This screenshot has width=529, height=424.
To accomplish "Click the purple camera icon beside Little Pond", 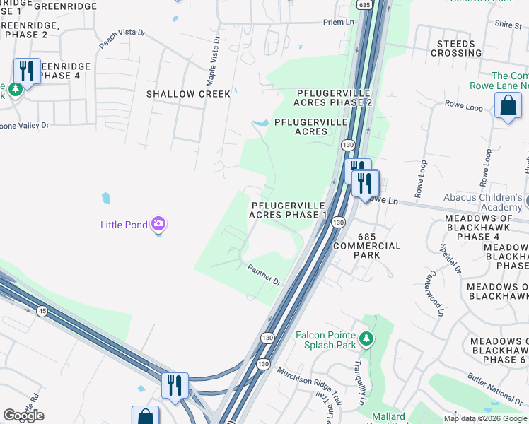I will coord(158,225).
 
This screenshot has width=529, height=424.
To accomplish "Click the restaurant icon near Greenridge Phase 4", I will coord(27,71).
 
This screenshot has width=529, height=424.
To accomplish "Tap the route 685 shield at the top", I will coord(364,5).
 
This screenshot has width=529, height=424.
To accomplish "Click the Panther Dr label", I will coord(264,274).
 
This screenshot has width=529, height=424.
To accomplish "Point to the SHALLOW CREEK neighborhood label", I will coord(188,94).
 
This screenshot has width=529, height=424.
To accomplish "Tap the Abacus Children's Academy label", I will coord(482,202).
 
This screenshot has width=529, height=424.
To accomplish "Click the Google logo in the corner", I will coord(23,416).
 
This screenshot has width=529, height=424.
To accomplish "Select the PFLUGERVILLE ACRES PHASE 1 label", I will coord(289,210).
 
